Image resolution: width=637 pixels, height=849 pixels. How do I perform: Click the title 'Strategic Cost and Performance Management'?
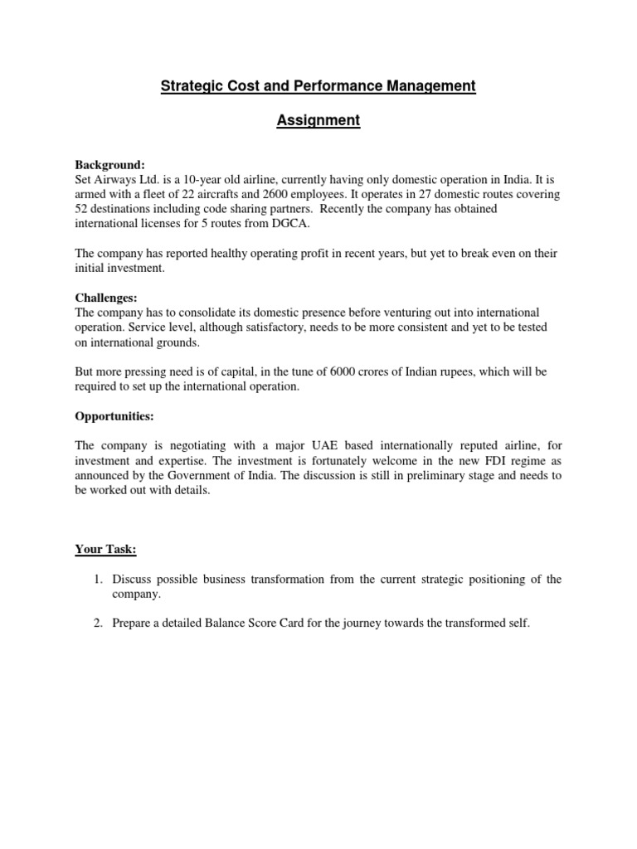[318, 85]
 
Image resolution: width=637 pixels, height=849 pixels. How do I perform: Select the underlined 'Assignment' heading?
[318, 121]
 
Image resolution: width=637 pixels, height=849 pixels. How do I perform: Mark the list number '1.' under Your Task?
[97, 580]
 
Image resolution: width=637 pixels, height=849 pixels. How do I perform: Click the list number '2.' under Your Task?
[97, 623]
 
